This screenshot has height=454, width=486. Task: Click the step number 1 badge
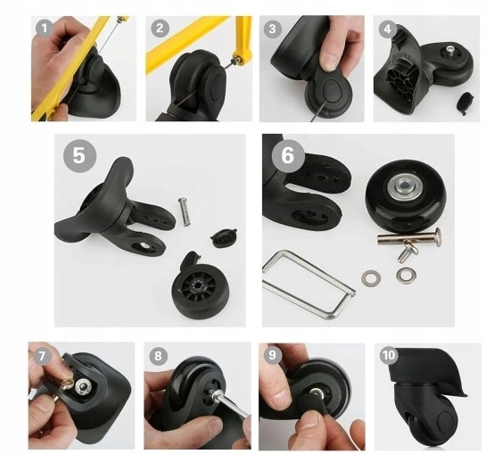(45, 29)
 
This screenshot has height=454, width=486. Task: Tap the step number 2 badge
(160, 29)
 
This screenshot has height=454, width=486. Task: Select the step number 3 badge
(272, 29)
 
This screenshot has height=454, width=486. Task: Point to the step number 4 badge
(387, 29)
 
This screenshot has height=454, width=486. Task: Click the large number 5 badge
(79, 155)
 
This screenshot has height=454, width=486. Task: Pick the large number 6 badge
(288, 155)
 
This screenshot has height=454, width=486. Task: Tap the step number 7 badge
(42, 356)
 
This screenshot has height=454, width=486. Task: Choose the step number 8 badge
(158, 355)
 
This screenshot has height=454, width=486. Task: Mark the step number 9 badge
(273, 355)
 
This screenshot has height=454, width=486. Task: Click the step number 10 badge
(389, 355)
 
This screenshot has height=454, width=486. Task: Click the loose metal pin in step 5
(184, 212)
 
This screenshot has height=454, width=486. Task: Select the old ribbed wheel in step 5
(191, 285)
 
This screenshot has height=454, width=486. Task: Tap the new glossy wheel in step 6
(406, 196)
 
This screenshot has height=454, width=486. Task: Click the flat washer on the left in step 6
(371, 277)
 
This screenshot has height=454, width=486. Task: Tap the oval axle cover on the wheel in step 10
(446, 424)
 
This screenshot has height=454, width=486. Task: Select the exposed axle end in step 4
(449, 50)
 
